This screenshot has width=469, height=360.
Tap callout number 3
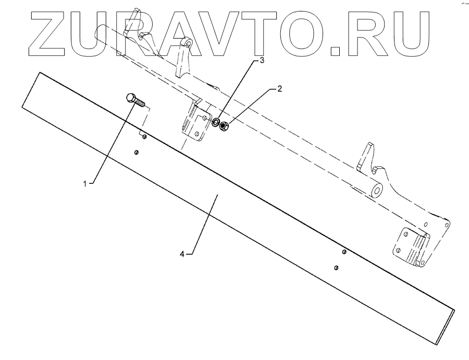pos(262,61)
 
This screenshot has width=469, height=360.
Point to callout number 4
pos(182,254)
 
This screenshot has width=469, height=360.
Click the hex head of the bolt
pos(131,97)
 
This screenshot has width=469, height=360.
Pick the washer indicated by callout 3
pos(215,123)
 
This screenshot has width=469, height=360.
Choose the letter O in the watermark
pos(304,32)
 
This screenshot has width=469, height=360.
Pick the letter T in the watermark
pos(266,32)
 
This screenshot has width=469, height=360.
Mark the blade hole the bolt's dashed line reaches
pos(144,137)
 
